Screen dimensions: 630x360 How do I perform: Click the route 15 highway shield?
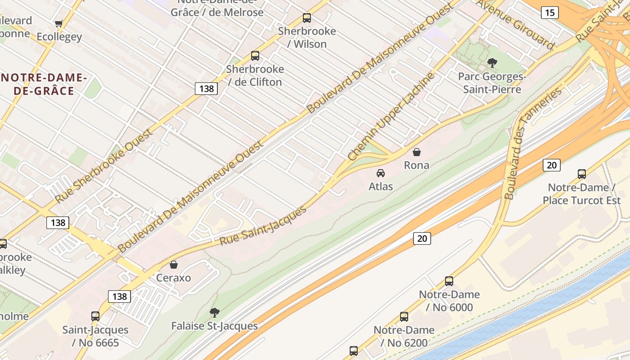pos(549,13)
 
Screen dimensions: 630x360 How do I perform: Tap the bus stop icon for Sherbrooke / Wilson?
pos(307,18)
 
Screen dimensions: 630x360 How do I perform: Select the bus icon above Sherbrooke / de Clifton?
pos(255,56)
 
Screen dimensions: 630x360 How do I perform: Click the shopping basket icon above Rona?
pos(417,152)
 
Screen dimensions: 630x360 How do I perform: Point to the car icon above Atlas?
pos(381,173)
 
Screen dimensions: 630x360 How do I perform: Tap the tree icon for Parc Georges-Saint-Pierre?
pos(492,63)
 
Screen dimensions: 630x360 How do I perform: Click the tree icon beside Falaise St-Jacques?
pos(215,312)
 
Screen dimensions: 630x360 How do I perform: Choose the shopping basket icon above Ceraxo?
pos(174,265)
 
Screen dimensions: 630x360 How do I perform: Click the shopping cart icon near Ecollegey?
pos(58,23)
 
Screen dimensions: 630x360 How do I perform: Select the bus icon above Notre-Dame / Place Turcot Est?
pos(582,174)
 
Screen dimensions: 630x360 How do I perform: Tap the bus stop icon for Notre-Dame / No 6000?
pos(449,281)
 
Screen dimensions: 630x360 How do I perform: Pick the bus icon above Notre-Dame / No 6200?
pos(404,317)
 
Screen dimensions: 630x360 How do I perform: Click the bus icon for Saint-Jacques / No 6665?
pos(95,316)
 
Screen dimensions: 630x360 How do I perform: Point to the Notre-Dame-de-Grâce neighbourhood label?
pos(44,84)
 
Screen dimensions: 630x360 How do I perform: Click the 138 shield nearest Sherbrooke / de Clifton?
pos(207,89)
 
